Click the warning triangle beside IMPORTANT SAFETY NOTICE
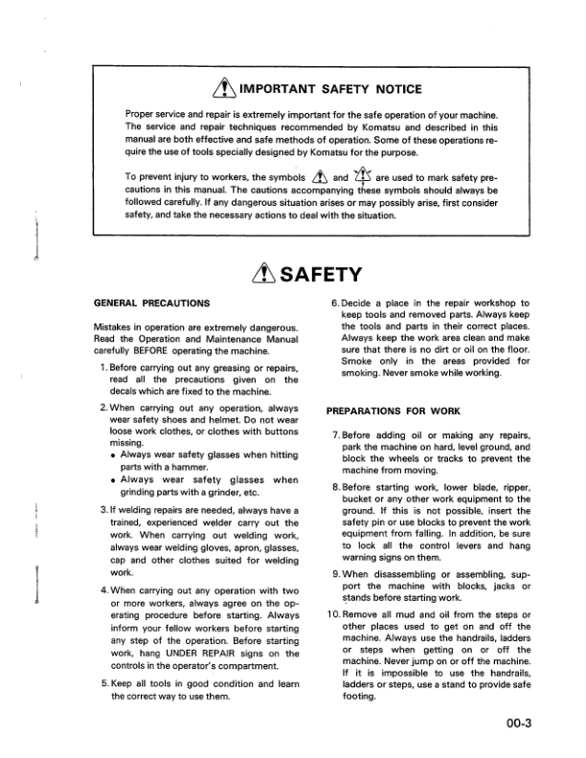click(x=203, y=89)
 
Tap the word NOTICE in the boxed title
click(x=396, y=90)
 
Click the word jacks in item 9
click(x=507, y=584)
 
